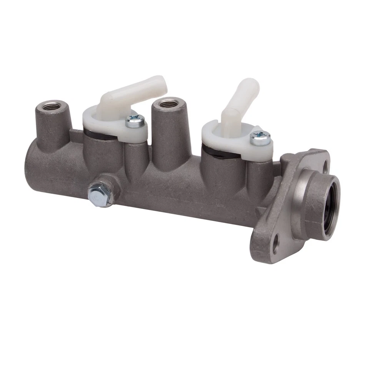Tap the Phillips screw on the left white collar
135,122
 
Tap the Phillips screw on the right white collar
260,138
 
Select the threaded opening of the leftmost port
52,105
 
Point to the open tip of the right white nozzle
251,85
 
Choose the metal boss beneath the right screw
259,173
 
